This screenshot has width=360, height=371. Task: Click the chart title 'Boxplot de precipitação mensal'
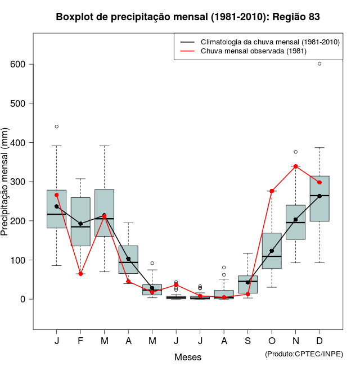[x=188, y=17]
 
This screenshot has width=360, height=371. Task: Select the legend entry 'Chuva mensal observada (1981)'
[x=250, y=51]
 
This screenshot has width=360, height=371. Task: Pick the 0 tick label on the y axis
[x=22, y=299]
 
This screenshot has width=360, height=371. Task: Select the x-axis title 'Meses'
[x=188, y=357]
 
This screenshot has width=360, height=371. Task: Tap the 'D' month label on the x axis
[x=319, y=341]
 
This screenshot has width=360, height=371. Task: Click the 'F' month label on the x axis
[x=80, y=341]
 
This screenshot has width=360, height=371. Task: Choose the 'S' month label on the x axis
[x=248, y=341]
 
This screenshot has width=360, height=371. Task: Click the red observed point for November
[x=296, y=166]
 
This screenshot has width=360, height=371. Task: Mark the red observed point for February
[x=80, y=274]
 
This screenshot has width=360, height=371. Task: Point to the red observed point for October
[x=272, y=191]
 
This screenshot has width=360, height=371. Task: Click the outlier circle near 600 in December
[x=319, y=64]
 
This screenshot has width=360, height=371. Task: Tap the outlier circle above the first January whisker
[x=57, y=126]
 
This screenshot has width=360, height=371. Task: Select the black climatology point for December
[x=319, y=196]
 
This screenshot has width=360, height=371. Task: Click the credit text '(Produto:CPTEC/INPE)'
[x=304, y=354]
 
